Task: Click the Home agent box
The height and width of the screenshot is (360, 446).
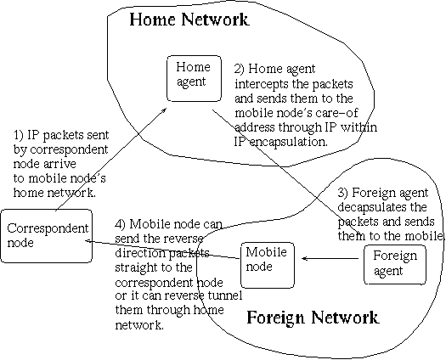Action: (x=194, y=78)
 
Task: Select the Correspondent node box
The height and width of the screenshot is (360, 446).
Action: (x=47, y=236)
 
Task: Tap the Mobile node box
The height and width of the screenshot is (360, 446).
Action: (x=268, y=265)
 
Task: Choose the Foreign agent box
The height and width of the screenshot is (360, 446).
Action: (x=395, y=265)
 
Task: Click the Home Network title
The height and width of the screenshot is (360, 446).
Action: (x=189, y=20)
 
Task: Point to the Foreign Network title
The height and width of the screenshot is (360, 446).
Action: (x=313, y=318)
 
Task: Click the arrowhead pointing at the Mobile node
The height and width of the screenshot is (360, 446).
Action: (x=304, y=258)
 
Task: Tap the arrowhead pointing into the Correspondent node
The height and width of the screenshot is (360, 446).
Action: (x=88, y=241)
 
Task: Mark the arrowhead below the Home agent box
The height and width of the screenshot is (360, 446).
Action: (x=164, y=110)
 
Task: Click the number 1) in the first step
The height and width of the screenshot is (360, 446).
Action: (x=19, y=135)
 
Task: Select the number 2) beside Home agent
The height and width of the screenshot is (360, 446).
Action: (x=240, y=69)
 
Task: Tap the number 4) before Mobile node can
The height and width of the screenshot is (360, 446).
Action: (x=121, y=224)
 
